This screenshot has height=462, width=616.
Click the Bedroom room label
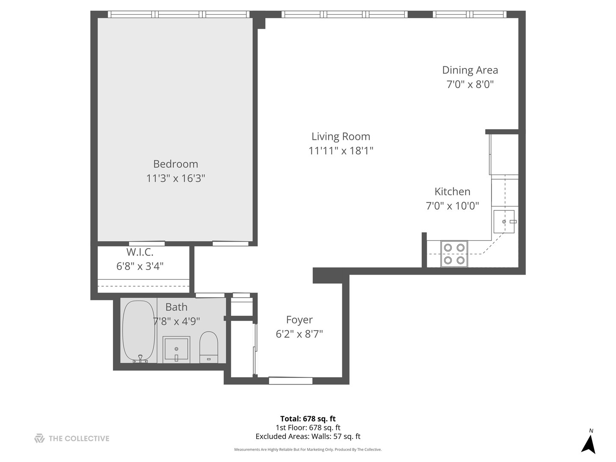175,164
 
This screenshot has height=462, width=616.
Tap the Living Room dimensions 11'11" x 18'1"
341,151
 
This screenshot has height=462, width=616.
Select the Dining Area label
470,70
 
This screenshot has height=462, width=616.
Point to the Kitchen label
452,192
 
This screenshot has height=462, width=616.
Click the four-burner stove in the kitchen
454,254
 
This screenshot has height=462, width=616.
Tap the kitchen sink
504,222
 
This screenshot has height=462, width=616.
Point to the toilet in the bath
209,347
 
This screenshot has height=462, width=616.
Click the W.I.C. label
140,252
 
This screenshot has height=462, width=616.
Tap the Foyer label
299,320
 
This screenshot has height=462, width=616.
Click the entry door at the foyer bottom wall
290,380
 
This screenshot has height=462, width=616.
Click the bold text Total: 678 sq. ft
308,419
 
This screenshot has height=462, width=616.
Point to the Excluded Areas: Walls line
308,436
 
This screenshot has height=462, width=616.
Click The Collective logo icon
39,438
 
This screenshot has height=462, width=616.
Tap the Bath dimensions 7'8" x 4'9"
176,321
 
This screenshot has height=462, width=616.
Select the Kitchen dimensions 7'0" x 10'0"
452,206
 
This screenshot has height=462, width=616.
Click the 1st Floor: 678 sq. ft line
308,427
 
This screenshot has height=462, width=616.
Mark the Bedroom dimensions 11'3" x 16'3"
175,178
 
